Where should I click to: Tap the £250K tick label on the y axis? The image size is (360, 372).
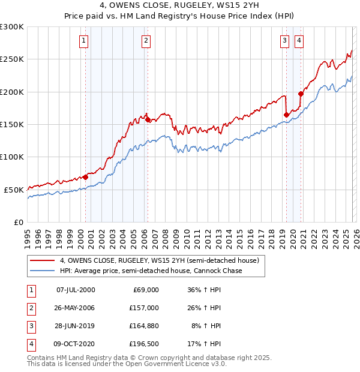tap(12, 59)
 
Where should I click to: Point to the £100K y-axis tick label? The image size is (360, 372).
tap(12, 157)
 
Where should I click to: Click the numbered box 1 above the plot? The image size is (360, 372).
tap(83, 41)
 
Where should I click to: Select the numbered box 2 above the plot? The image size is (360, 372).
tap(146, 41)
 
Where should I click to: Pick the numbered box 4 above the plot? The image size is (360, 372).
tap(298, 41)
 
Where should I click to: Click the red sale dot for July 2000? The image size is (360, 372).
tap(86, 177)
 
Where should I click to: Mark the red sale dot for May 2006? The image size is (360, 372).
tap(148, 120)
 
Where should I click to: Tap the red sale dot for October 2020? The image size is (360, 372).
tap(301, 94)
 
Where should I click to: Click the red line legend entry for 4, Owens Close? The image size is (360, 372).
tap(159, 261)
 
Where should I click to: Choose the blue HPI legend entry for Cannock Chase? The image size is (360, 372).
tap(151, 271)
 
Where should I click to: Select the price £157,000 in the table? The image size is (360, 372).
tap(144, 308)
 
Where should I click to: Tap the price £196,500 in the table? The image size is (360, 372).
tap(144, 344)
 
